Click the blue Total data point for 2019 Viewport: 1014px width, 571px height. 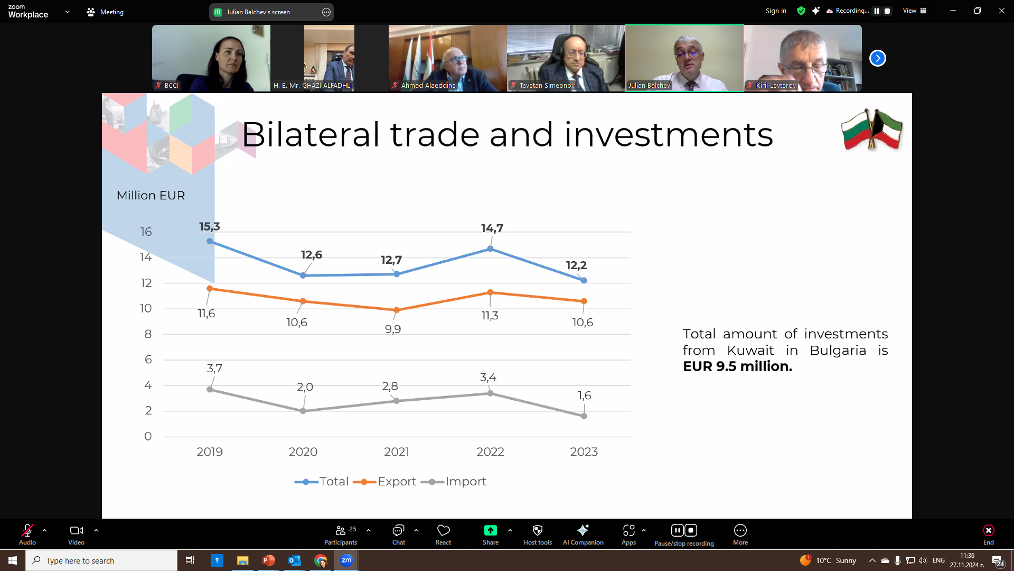click(210, 241)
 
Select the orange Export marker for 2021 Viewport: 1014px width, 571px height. click(397, 310)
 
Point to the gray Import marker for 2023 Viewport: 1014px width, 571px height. click(584, 416)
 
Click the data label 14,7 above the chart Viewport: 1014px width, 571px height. click(492, 228)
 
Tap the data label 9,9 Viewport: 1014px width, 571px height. click(393, 329)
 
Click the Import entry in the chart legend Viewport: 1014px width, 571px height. click(454, 482)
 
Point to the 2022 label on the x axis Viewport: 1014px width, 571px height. click(490, 452)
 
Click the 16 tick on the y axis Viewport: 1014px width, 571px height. click(146, 232)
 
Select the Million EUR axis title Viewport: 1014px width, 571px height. click(151, 196)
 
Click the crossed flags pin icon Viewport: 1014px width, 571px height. click(872, 130)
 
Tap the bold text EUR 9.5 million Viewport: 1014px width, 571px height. click(737, 366)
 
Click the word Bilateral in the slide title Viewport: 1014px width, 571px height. click(311, 134)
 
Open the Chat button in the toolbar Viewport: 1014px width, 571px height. click(398, 535)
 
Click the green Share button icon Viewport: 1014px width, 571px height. click(491, 530)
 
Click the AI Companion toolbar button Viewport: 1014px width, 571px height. click(583, 535)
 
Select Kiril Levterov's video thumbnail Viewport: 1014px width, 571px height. click(803, 58)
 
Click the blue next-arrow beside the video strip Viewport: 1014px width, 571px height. click(878, 58)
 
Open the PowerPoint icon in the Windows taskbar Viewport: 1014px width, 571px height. click(269, 560)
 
